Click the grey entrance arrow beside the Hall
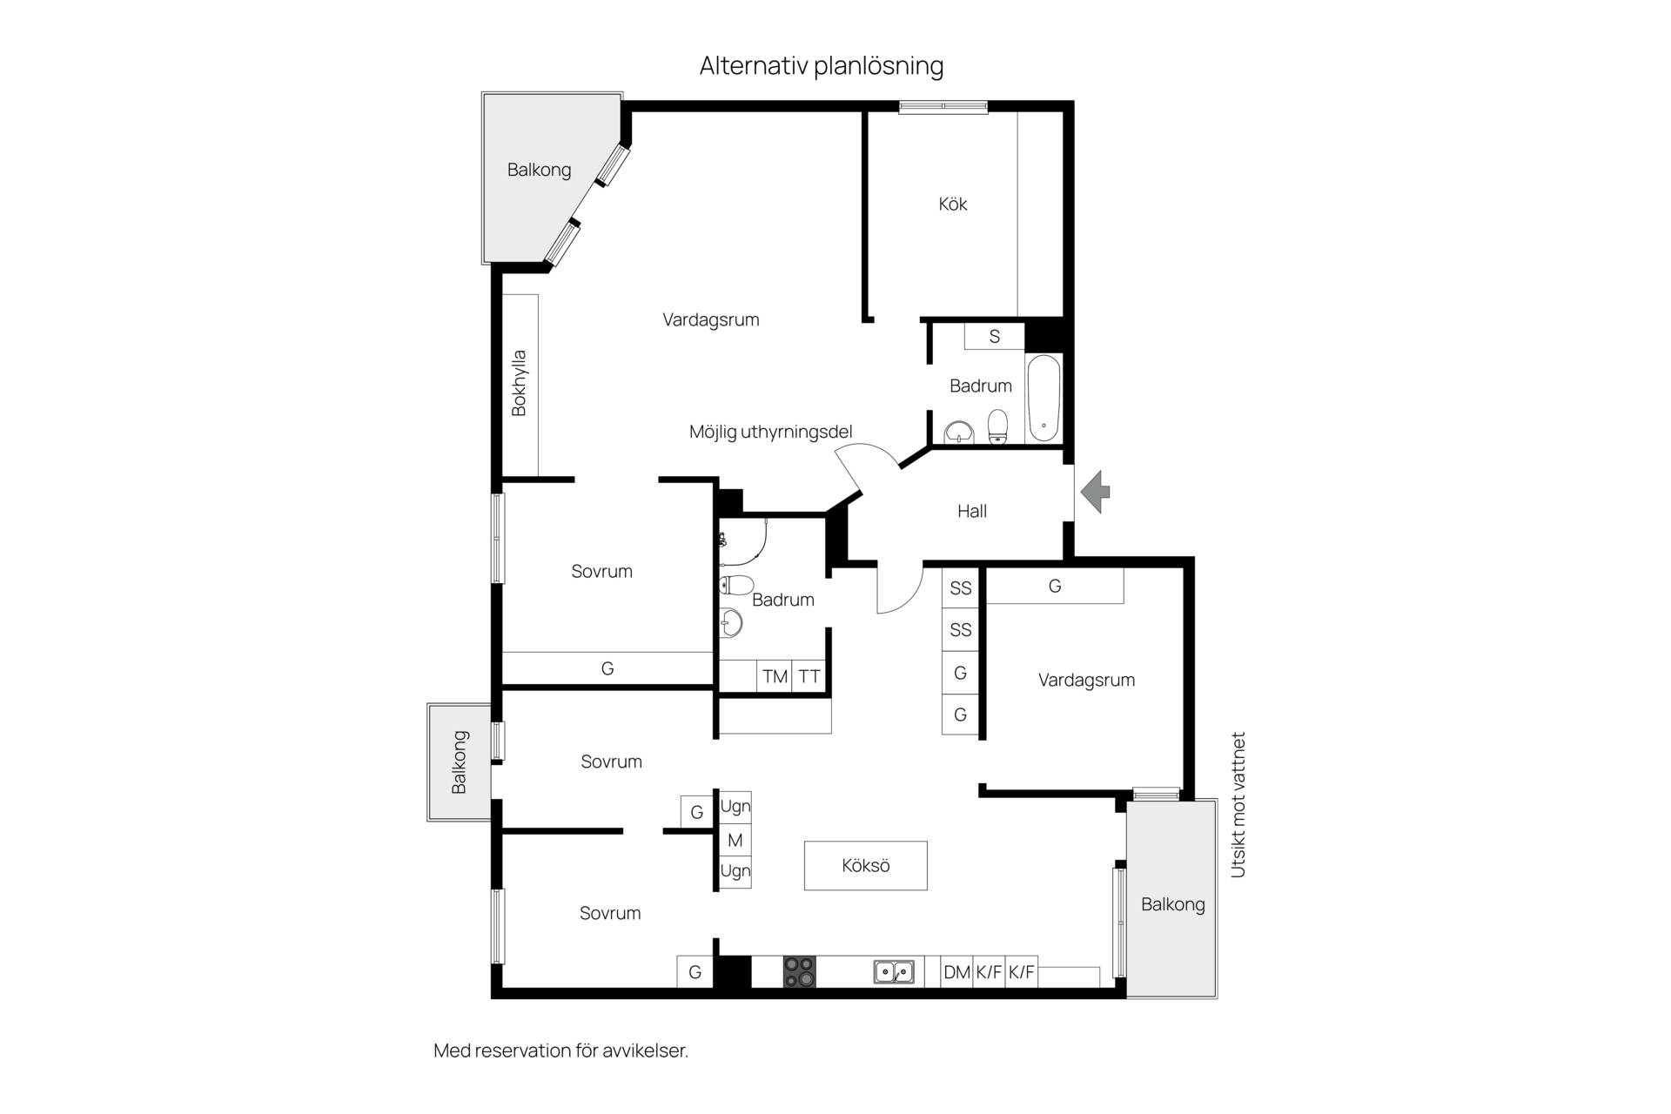[x=1096, y=492]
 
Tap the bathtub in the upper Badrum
[x=1044, y=398]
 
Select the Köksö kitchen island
[x=865, y=865]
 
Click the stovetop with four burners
[x=799, y=971]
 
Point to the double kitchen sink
[x=894, y=971]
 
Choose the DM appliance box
[x=956, y=972]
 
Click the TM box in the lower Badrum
[x=775, y=676]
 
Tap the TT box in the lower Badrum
[x=809, y=676]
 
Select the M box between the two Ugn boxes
[x=735, y=840]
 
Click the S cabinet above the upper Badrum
[x=994, y=336]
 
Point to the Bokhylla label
[x=519, y=383]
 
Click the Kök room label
[x=953, y=204]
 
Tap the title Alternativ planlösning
[x=822, y=66]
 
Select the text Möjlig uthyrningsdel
[x=770, y=432]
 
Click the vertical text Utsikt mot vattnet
[x=1238, y=804]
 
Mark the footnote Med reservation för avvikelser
[x=560, y=1050]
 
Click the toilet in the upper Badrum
[x=997, y=426]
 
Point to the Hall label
[x=972, y=511]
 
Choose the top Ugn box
[x=735, y=807]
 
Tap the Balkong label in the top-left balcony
[x=539, y=170]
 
